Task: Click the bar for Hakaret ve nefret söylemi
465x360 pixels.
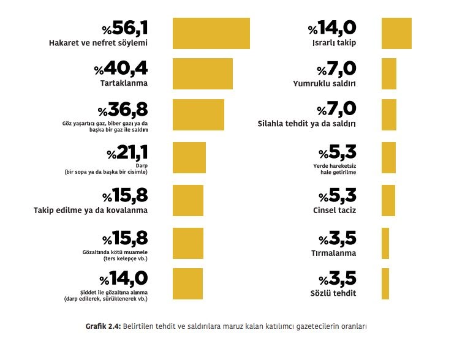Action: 211,33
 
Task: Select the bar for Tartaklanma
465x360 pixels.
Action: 203,74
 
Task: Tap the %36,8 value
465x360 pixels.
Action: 123,110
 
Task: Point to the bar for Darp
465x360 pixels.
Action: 189,157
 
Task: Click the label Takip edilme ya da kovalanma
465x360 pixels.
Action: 91,210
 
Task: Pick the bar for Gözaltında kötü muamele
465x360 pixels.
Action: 188,242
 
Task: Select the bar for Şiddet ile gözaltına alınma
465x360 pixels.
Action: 188,283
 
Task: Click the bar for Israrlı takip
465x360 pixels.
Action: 396,33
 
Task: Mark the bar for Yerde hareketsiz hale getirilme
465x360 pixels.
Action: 388,157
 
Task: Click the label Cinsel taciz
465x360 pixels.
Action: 335,210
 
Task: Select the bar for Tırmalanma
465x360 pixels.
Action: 385,242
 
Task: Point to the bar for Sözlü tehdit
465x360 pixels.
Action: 385,283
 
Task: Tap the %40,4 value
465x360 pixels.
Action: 121,69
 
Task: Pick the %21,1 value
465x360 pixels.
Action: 127,152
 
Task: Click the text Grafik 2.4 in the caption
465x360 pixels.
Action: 103,326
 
